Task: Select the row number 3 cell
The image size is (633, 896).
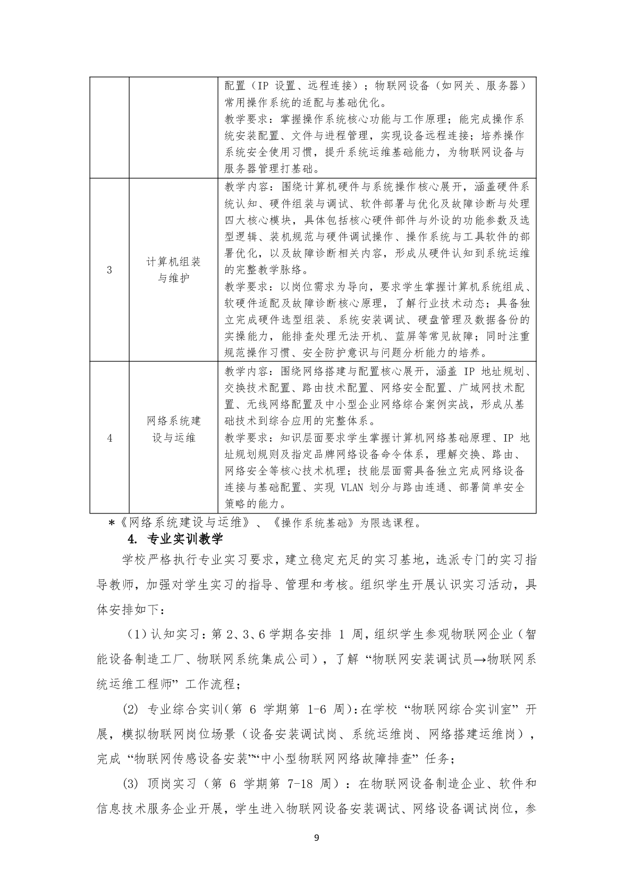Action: tap(109, 270)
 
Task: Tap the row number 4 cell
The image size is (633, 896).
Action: tap(109, 438)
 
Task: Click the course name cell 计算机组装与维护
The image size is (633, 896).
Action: tap(174, 270)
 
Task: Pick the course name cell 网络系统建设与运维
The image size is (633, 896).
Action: tap(174, 429)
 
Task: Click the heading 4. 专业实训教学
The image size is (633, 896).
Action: tap(175, 538)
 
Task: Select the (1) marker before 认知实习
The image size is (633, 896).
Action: tap(136, 634)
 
